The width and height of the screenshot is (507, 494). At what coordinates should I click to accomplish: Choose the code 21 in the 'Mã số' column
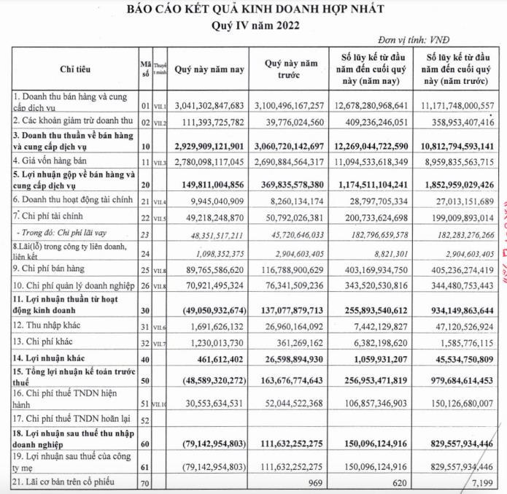coord(145,200)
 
